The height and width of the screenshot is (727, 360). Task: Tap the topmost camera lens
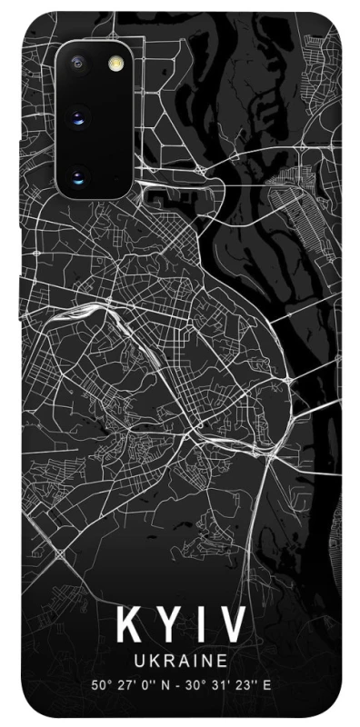point(77,64)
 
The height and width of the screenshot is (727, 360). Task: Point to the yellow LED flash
point(115,64)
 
